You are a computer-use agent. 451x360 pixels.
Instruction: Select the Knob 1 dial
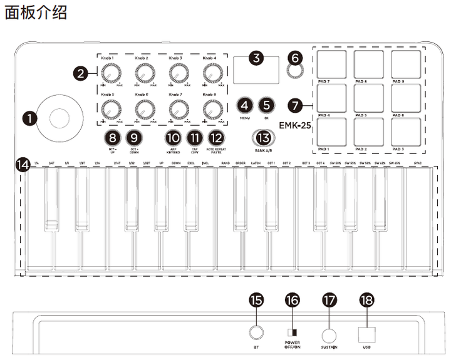point(110,75)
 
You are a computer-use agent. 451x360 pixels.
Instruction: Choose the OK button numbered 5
point(267,106)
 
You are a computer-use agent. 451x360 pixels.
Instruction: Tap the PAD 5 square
point(368,97)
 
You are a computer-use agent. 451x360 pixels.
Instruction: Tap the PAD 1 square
point(333,132)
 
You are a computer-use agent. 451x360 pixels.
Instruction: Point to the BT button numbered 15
point(256,332)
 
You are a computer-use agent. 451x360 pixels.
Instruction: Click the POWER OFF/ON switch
point(291,332)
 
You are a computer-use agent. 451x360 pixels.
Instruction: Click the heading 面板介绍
point(36,13)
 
